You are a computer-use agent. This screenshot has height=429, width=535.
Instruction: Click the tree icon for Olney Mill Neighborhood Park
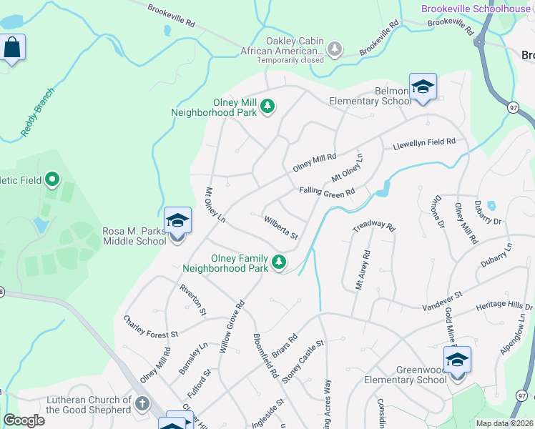pyautogui.click(x=267, y=107)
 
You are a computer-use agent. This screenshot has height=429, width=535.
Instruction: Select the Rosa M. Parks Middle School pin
pyautogui.click(x=177, y=221)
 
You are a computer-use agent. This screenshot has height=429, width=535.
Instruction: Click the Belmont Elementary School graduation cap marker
pyautogui.click(x=423, y=87)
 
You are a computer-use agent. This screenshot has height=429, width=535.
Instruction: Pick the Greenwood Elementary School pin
pyautogui.click(x=456, y=360)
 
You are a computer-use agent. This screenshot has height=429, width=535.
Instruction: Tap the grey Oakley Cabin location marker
pyautogui.click(x=334, y=49)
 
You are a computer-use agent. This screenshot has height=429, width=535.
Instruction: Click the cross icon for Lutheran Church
pyautogui.click(x=142, y=405)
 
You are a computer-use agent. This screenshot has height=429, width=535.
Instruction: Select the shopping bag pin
pyautogui.click(x=12, y=48)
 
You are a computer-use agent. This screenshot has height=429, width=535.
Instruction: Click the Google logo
pyautogui.click(x=24, y=420)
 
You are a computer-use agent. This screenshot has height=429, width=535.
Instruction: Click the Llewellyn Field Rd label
pyautogui.click(x=424, y=144)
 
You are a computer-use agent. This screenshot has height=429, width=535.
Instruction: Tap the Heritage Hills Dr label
pyautogui.click(x=504, y=306)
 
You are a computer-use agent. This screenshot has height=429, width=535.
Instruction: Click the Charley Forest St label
pyautogui.click(x=150, y=327)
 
